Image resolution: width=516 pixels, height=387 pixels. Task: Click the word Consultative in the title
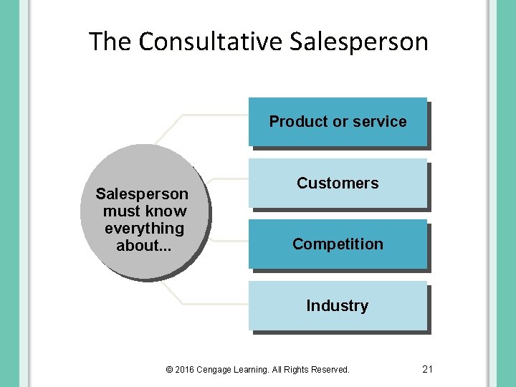point(211,42)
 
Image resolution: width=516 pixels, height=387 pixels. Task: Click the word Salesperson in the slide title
point(359,42)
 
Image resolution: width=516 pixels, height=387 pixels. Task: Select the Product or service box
point(338,122)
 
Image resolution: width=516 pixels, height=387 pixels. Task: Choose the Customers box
point(338,183)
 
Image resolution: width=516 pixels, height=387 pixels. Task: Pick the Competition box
point(338,244)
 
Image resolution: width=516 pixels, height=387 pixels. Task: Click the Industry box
point(338,306)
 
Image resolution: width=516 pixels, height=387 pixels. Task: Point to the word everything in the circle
point(144,229)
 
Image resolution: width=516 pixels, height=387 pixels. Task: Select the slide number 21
point(428,369)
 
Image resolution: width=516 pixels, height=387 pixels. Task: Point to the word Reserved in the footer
point(331,370)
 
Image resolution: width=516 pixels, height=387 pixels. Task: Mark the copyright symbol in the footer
point(169,370)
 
